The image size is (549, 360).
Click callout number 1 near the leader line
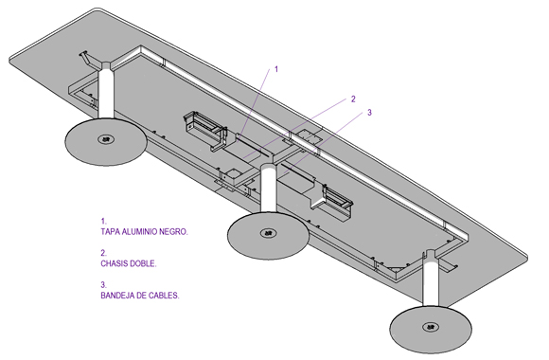tap(275, 69)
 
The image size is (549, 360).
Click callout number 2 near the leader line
tap(353, 99)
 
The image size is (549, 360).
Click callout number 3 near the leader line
tap(369, 113)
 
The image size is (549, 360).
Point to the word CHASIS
tap(114, 263)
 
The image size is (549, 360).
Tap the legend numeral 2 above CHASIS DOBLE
tap(103, 253)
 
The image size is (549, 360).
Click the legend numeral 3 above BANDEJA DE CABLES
tap(103, 284)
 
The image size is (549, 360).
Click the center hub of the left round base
tap(106, 139)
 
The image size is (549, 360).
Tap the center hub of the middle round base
tap(269, 233)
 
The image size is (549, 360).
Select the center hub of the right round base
tap(431, 328)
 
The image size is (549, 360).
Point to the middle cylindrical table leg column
tap(269, 189)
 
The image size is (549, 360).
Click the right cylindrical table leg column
tap(431, 279)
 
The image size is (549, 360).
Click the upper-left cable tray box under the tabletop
tap(205, 130)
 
